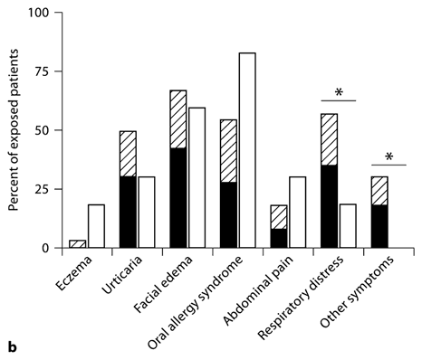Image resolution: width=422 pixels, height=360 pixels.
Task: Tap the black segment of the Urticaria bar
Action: click(128, 212)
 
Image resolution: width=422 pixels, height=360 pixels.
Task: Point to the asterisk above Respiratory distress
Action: click(339, 92)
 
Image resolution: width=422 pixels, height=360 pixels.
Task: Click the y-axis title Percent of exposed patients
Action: click(14, 131)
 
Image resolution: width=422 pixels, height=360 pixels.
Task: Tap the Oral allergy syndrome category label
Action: click(204, 299)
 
